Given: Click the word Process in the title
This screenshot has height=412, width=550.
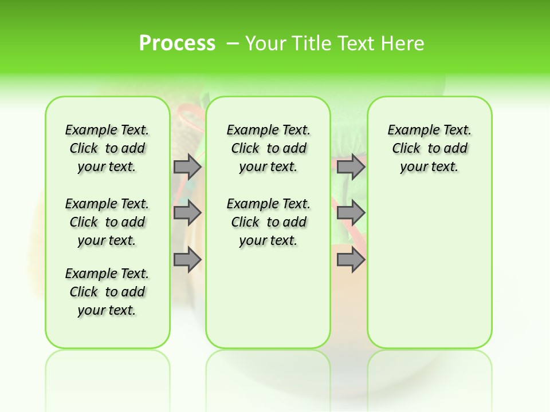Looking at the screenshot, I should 177,43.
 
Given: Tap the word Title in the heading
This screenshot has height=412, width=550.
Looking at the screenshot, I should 312,43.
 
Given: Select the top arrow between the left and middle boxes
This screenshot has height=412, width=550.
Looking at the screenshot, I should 187,167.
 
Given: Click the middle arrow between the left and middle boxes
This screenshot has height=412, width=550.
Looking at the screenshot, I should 187,213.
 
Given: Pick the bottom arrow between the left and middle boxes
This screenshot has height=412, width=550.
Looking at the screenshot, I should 187,260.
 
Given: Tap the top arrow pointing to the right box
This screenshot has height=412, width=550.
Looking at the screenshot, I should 351,167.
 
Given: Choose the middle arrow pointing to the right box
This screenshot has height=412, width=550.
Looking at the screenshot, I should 351,213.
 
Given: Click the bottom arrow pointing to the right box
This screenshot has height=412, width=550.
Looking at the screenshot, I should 351,260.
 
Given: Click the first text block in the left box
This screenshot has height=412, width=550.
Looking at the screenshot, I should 107,148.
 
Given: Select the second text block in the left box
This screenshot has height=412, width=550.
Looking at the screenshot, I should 107,222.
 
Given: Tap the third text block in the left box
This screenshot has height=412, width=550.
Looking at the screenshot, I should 107,292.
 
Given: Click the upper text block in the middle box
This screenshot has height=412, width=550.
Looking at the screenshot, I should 268,148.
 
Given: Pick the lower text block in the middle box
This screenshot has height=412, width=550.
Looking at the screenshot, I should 268,222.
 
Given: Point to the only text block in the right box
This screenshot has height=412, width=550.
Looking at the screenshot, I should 429,148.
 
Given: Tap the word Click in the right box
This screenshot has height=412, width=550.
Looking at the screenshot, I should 406,149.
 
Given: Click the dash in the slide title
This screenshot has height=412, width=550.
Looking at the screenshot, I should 233,43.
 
